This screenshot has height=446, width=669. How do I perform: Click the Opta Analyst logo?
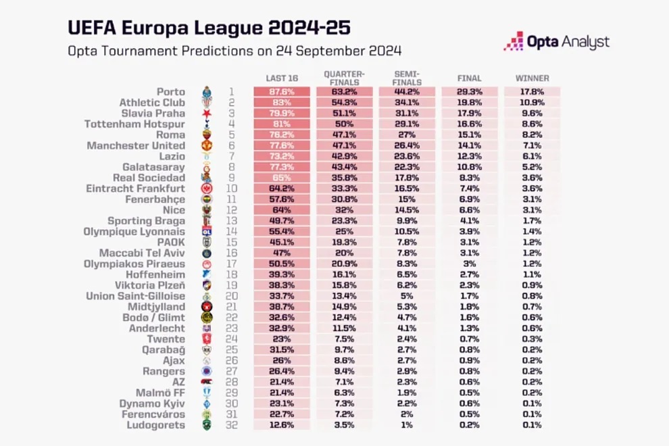[556, 41]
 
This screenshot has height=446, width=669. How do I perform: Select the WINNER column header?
[532, 78]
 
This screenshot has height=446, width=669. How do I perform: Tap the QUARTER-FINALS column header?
[344, 78]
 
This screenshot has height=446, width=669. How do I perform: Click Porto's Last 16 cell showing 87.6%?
[281, 92]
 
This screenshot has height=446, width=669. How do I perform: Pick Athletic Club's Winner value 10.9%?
[532, 103]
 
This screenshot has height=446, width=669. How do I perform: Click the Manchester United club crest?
[207, 145]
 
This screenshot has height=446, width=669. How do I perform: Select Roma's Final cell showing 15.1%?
[470, 134]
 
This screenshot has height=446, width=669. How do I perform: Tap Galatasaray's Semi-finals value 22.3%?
[407, 167]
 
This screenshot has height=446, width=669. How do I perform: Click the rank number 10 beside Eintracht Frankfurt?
[230, 189]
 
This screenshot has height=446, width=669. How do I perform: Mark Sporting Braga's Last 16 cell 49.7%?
[281, 221]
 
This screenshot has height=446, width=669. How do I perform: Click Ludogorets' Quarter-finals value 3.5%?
[344, 425]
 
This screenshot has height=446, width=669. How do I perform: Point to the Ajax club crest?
[207, 360]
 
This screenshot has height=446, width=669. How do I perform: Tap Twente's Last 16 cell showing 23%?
[281, 339]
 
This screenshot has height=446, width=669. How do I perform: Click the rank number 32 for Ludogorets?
[230, 425]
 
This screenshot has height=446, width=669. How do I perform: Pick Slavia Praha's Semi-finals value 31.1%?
[407, 114]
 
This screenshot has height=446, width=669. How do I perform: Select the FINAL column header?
[470, 78]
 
